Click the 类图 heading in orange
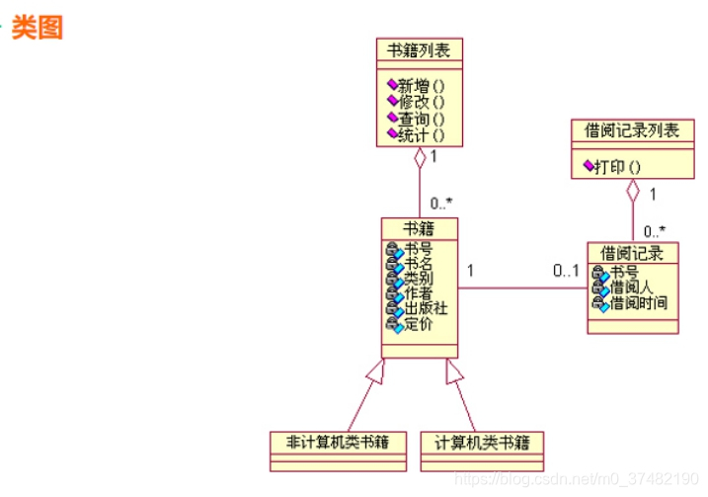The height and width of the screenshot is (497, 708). tap(39, 28)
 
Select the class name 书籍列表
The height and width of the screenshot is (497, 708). tap(419, 50)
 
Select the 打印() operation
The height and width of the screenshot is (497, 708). tap(618, 166)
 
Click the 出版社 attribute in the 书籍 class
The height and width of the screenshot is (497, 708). tap(426, 308)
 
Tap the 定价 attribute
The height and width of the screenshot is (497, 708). tap(418, 324)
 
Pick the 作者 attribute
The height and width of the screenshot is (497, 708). tap(418, 293)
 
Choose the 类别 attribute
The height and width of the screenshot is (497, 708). tap(418, 279)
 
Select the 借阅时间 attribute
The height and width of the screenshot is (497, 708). tap(639, 302)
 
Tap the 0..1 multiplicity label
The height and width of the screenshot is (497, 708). tap(566, 271)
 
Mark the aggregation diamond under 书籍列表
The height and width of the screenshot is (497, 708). tap(420, 157)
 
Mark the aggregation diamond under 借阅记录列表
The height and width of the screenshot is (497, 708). tap(633, 190)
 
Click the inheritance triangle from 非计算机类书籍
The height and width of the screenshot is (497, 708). tap(373, 372)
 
